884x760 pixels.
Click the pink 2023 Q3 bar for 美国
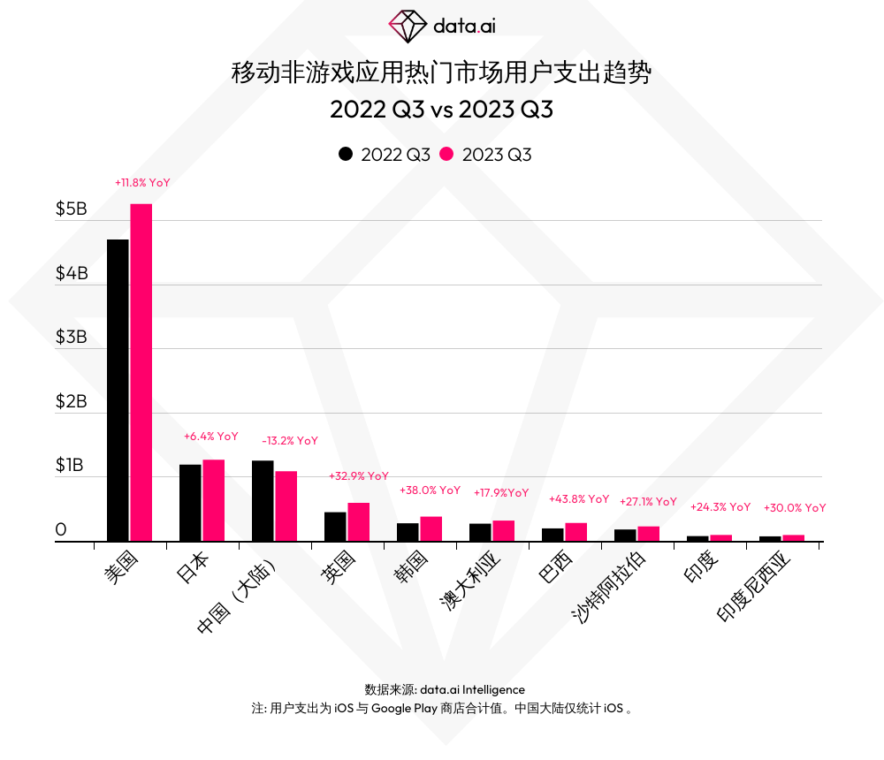[x=141, y=372]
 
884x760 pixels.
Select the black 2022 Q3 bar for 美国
[x=118, y=390]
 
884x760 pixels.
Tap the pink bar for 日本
[x=213, y=500]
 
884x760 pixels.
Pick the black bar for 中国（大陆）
[x=263, y=500]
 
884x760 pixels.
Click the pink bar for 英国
[x=358, y=521]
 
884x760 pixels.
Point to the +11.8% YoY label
[x=142, y=182]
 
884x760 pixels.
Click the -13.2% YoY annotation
[x=290, y=440]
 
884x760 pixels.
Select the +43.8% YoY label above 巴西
[x=579, y=499]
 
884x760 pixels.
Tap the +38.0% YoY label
[x=431, y=490]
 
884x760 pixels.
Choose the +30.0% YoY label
[x=794, y=508]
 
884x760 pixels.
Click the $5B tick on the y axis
[x=72, y=209]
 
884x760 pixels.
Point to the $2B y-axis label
[x=72, y=401]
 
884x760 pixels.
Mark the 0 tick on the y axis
[x=61, y=529]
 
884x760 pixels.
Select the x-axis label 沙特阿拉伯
[x=610, y=587]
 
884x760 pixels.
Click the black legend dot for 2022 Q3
[x=345, y=154]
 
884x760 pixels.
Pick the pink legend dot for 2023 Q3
[x=446, y=154]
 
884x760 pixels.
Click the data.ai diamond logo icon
[x=408, y=26]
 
